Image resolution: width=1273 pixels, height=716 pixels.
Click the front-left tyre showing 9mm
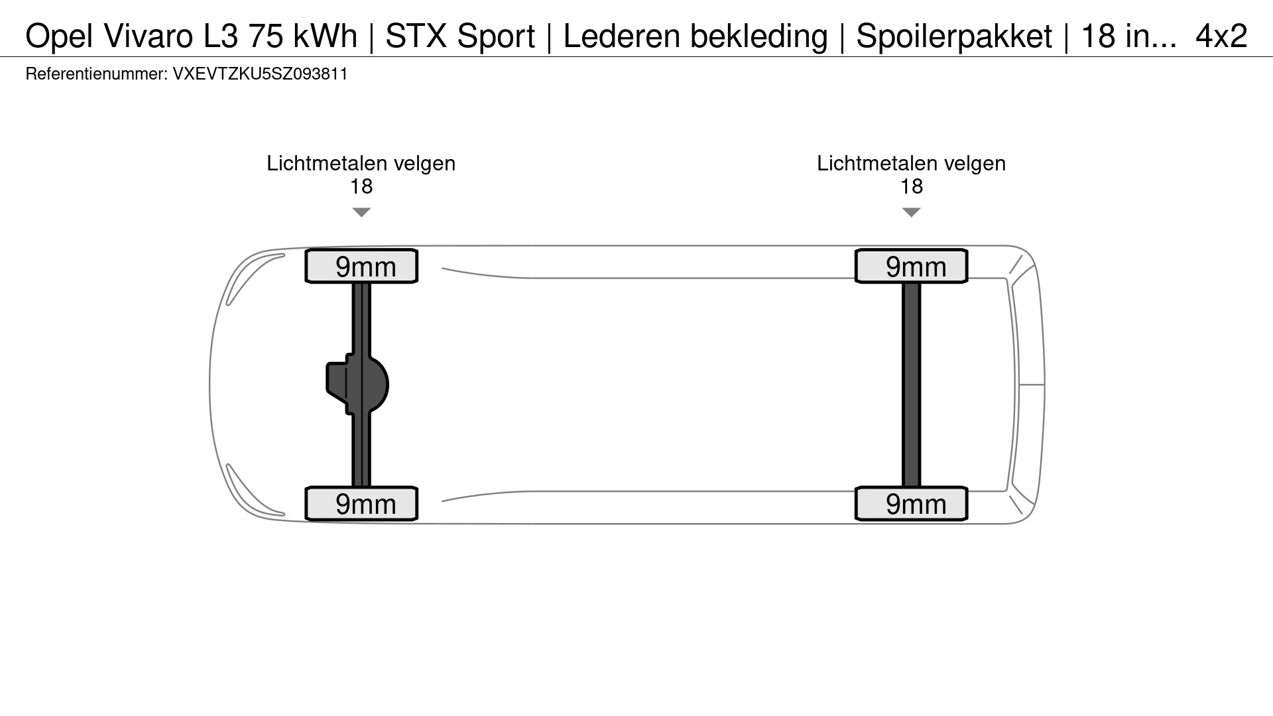click(x=361, y=267)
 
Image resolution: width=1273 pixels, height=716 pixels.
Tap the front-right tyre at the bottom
click(x=361, y=504)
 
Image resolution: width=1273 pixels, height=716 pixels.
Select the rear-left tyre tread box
click(x=912, y=267)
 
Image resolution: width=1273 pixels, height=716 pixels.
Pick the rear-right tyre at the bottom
click(x=912, y=504)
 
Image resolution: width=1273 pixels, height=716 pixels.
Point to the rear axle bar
click(x=912, y=385)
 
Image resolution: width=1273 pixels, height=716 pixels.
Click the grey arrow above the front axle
click(x=361, y=212)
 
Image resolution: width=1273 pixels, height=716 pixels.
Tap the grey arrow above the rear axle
click(x=912, y=212)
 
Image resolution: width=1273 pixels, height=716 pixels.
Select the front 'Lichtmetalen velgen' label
click(x=361, y=164)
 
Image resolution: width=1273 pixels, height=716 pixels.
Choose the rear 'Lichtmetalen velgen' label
click(x=912, y=164)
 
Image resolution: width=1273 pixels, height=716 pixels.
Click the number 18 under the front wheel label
click(x=361, y=187)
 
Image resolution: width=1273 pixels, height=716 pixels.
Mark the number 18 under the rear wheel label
click(x=912, y=187)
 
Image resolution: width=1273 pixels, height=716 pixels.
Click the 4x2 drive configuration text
click(x=1221, y=36)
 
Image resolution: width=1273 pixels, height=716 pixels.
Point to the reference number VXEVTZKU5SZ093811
click(x=260, y=74)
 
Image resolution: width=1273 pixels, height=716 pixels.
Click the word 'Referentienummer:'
click(x=97, y=74)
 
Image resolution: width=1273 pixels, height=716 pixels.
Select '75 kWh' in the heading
click(x=303, y=36)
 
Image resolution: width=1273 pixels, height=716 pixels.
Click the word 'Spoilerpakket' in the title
click(x=953, y=36)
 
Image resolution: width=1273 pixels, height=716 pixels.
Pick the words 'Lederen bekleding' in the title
click(x=695, y=36)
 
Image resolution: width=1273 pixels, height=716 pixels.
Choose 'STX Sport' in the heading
click(x=460, y=36)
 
